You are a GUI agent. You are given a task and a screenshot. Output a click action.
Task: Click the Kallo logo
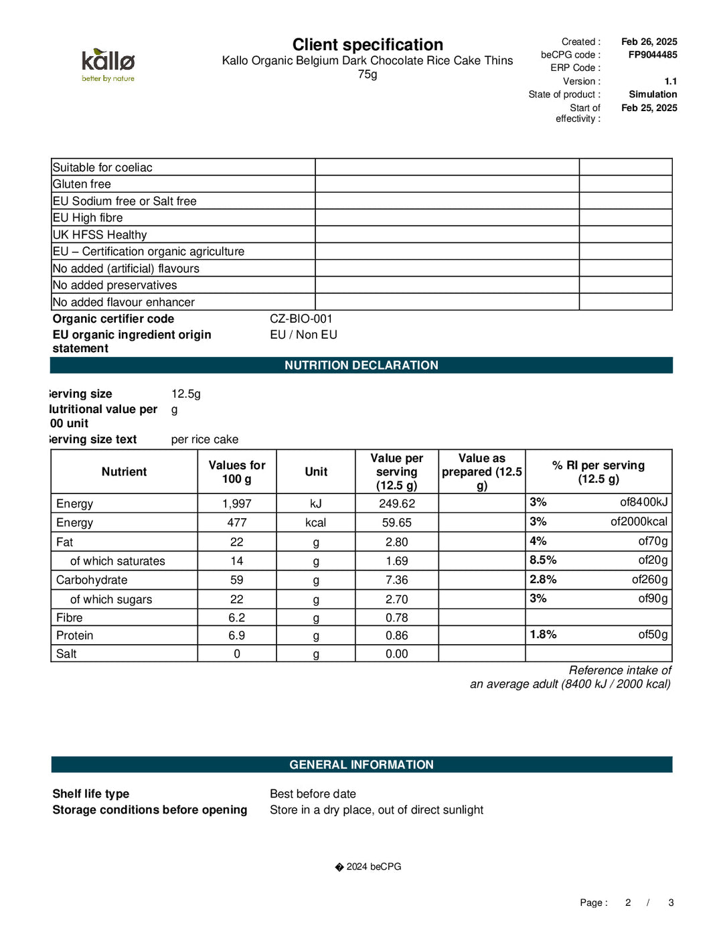pos(108,64)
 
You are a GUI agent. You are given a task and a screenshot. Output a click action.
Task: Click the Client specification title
pos(368,45)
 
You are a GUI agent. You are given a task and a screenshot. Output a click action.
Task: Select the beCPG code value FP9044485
pos(652,55)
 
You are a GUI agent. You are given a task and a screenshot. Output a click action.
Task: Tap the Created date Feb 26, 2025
pos(649,42)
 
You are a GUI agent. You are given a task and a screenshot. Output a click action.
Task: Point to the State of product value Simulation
pos(652,94)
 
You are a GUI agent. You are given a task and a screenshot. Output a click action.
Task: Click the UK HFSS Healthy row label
pos(100,235)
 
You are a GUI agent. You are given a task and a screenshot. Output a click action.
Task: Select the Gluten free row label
pos(82,184)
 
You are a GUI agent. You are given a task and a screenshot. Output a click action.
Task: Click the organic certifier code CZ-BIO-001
pos(301,319)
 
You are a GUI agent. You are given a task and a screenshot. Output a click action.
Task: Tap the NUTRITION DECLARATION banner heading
pos(361,366)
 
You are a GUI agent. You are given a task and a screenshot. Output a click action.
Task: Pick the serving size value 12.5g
pos(185,394)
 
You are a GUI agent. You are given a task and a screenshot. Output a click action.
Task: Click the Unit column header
pos(316,472)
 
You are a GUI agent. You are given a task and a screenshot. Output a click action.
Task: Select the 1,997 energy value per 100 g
pos(236,503)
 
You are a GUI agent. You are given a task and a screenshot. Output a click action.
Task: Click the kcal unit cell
pos(315,523)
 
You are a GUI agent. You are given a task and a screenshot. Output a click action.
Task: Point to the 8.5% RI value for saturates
pos(543,560)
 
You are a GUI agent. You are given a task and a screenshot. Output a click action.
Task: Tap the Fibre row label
pos(70,618)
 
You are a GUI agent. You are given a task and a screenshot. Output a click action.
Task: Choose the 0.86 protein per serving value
pos(396,636)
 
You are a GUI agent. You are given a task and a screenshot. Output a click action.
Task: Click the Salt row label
pos(66,654)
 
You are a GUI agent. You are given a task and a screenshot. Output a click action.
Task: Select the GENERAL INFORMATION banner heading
pos(361,765)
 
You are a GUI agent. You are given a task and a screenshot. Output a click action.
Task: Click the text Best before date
pos(313,794)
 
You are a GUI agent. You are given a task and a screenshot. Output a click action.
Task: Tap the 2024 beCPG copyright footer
pos(368,866)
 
